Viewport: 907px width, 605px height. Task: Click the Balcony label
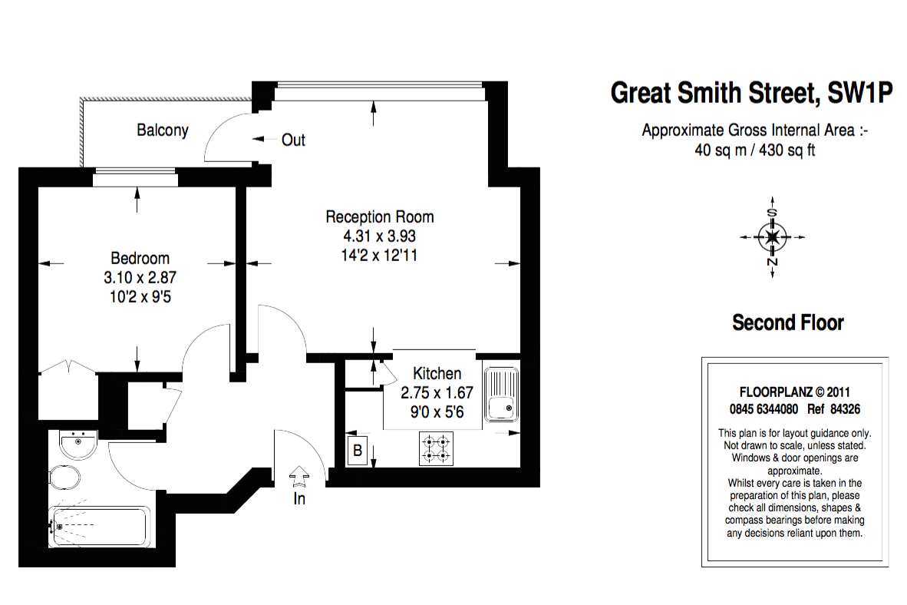point(163,130)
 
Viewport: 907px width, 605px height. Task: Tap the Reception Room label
point(380,217)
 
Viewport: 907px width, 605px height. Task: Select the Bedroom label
point(140,258)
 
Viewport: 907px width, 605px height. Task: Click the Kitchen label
point(437,374)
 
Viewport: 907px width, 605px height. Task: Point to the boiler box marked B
point(357,451)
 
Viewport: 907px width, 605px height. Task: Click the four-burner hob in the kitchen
point(437,450)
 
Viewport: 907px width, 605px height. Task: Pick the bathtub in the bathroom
point(100,527)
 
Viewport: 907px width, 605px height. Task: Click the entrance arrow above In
point(298,477)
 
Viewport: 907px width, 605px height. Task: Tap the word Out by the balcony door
point(293,140)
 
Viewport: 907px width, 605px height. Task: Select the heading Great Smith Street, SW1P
point(752,94)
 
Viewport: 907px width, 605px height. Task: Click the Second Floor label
point(788,322)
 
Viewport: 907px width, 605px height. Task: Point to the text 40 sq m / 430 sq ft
point(755,150)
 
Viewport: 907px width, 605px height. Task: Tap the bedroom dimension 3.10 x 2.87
point(140,277)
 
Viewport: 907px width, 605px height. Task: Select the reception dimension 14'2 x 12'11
point(380,255)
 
